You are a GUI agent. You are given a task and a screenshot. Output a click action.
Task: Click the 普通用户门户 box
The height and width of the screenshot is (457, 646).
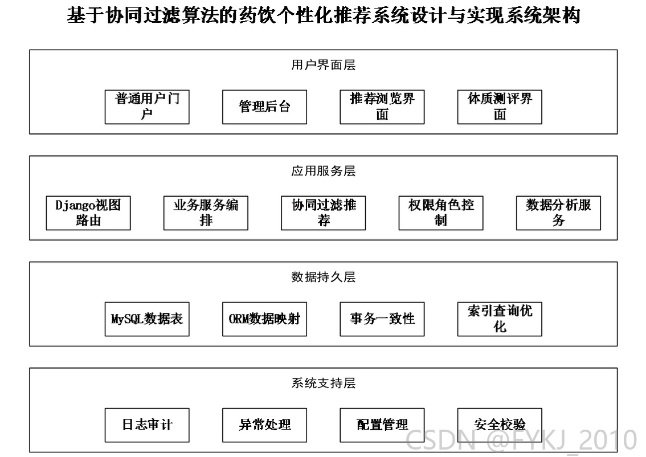[x=147, y=107]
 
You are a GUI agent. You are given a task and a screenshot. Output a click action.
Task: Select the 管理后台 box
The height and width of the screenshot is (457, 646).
[x=264, y=107]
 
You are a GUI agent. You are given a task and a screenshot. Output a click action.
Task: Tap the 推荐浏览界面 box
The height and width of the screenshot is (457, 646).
[x=382, y=107]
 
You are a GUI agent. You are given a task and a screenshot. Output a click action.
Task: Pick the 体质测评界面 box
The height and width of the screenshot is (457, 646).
[x=500, y=107]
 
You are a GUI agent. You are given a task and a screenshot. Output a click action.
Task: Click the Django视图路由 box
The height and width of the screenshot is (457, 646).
[x=88, y=213]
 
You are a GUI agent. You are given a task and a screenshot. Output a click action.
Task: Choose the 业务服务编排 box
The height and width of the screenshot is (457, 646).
[x=206, y=213]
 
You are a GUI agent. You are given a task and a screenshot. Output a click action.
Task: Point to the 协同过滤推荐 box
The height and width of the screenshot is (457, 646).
[x=324, y=213]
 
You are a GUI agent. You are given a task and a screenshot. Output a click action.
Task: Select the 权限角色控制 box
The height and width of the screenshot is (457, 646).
[x=441, y=213]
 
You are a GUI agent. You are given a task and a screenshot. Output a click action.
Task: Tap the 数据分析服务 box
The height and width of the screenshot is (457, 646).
[x=559, y=213]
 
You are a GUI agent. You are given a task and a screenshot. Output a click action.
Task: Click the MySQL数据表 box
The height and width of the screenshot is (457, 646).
[x=147, y=319]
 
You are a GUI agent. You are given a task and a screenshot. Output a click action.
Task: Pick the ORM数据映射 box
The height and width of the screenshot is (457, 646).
[x=264, y=319]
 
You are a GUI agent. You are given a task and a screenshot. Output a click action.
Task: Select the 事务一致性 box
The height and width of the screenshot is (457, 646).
[x=382, y=319]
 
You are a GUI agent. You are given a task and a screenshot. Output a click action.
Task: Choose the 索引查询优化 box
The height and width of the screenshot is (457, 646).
[x=500, y=319]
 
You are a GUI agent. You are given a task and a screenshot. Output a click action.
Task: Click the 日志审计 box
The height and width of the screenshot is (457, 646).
[x=147, y=425]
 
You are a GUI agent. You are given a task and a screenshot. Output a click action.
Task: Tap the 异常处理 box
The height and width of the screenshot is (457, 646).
[x=264, y=425]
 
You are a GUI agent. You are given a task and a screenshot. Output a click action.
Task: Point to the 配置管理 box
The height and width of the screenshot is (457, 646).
[x=382, y=425]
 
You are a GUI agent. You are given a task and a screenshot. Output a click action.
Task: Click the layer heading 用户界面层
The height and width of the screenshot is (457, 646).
[x=324, y=65]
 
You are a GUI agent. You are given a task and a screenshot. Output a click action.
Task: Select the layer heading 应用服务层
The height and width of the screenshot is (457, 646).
[x=324, y=171]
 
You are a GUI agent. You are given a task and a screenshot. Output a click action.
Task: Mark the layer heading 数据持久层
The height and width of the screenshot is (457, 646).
[x=324, y=277]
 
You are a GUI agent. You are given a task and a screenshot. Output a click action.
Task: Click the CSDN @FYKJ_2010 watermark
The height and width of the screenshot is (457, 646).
[x=522, y=440]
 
